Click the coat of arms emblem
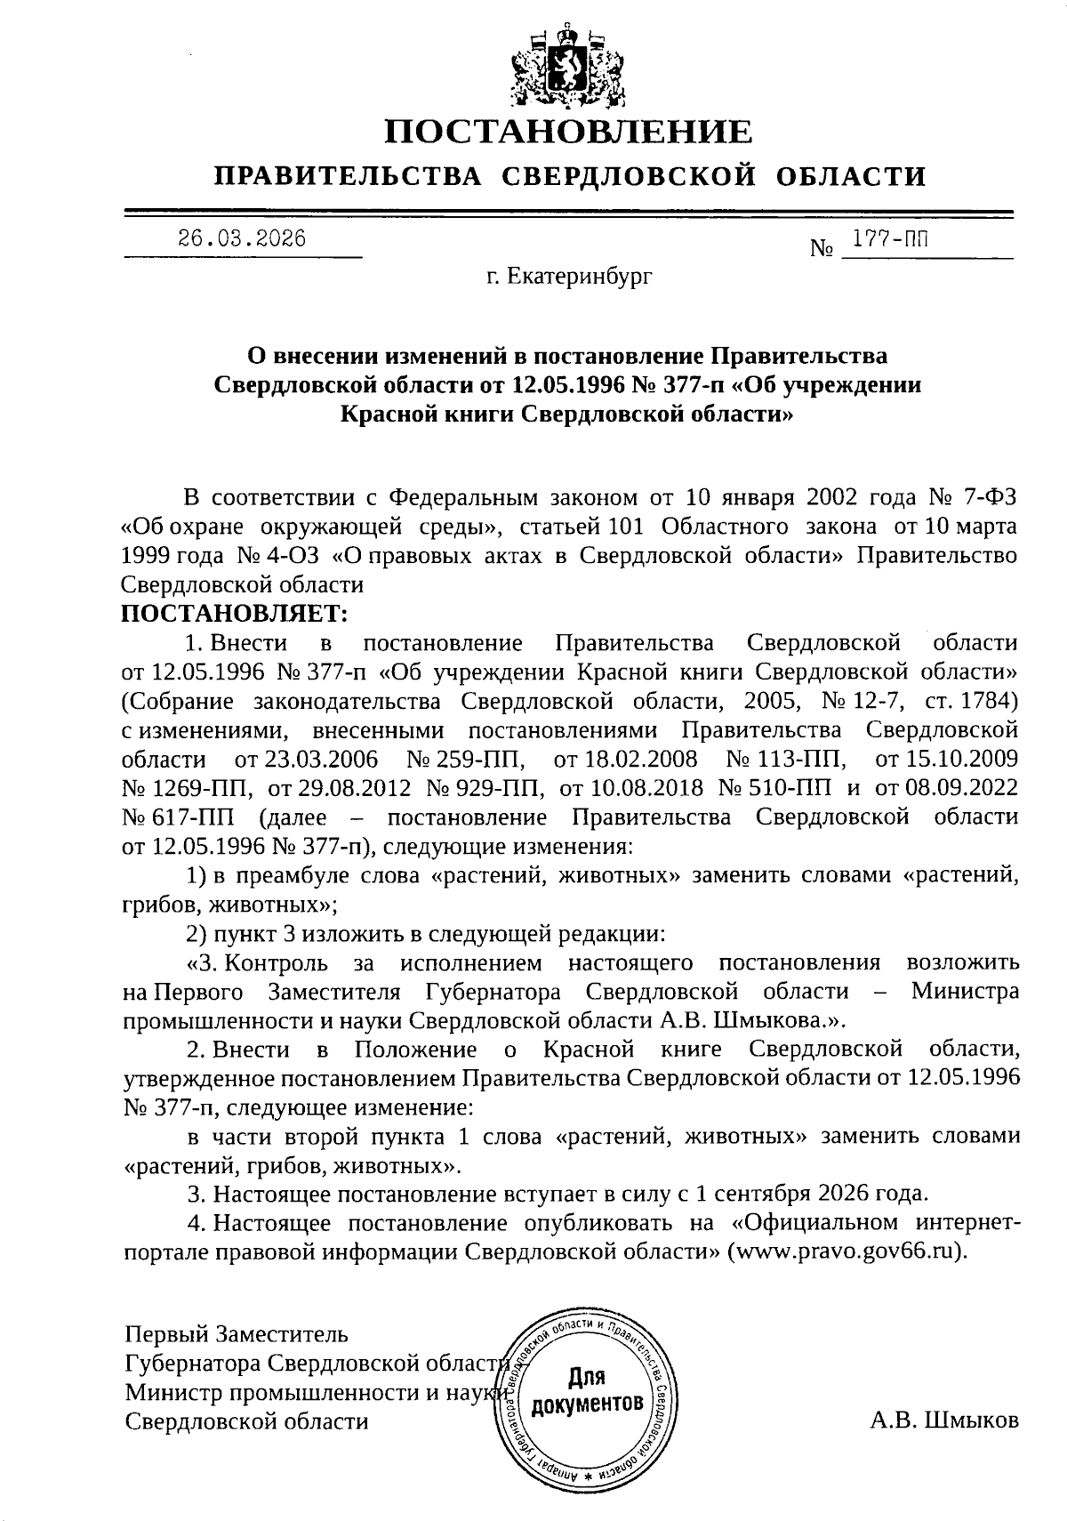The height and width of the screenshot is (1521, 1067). pyautogui.click(x=568, y=67)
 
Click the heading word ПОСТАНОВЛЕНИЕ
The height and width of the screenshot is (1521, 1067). pyautogui.click(x=568, y=132)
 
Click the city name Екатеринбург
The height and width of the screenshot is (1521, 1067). pyautogui.click(x=569, y=277)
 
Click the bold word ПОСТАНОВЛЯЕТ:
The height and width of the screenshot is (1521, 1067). pyautogui.click(x=236, y=613)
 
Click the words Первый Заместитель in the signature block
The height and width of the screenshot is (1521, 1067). pyautogui.click(x=237, y=1334)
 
